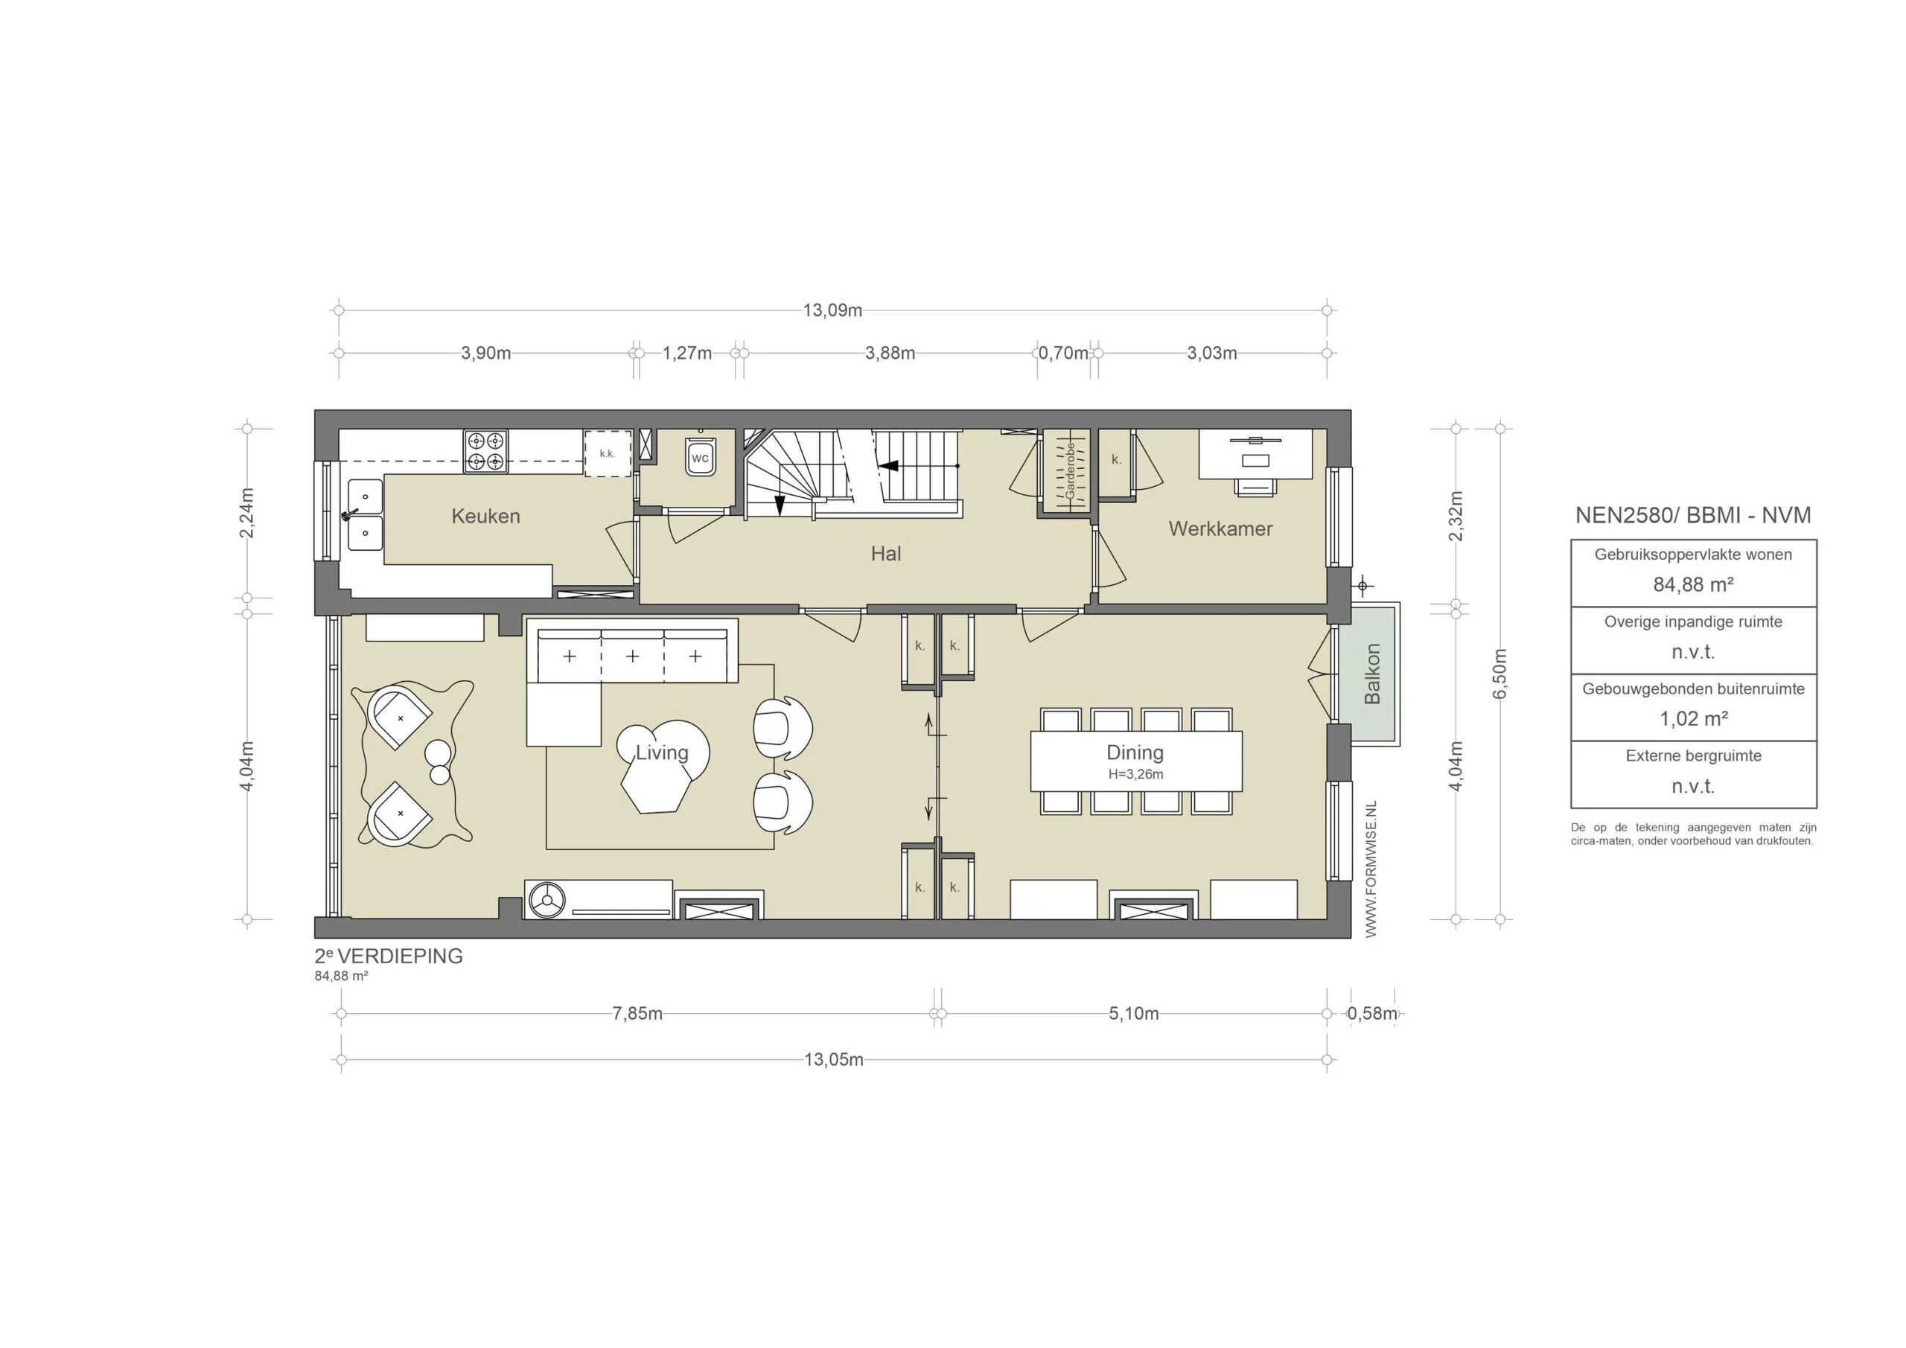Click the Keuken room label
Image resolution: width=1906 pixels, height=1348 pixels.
pyautogui.click(x=485, y=517)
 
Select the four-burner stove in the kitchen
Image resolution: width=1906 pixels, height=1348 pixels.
pyautogui.click(x=485, y=452)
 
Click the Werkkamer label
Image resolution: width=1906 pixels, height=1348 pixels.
pyautogui.click(x=1220, y=528)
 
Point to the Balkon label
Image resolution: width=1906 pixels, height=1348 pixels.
pyautogui.click(x=1372, y=674)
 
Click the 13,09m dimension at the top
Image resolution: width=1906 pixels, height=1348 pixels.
pyautogui.click(x=832, y=310)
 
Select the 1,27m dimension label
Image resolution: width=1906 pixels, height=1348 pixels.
pyautogui.click(x=686, y=353)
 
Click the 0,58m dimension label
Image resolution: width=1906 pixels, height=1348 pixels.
pyautogui.click(x=1371, y=1014)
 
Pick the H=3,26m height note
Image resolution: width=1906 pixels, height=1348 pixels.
pyautogui.click(x=1135, y=774)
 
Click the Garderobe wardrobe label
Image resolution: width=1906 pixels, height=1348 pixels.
pyautogui.click(x=1069, y=470)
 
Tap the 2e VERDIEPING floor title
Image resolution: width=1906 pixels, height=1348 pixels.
pyautogui.click(x=389, y=956)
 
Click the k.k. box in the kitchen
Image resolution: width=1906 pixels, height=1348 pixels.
pyautogui.click(x=607, y=453)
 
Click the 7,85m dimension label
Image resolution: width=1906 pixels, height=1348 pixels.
pyautogui.click(x=637, y=1014)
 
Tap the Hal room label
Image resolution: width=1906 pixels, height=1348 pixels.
pyautogui.click(x=885, y=554)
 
